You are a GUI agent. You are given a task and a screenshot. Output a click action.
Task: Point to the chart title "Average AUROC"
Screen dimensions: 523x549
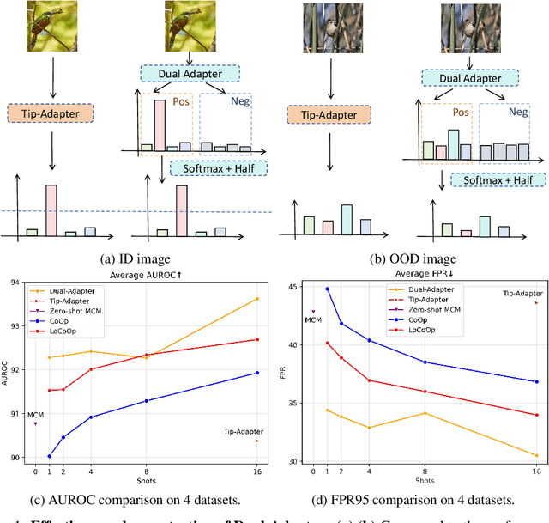click(154, 274)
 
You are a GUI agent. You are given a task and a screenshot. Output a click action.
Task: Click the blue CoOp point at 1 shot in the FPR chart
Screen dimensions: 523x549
click(327, 289)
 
